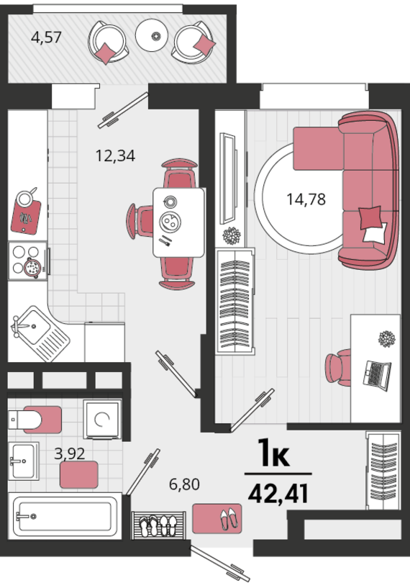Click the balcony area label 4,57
pyautogui.click(x=46, y=37)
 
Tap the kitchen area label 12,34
pyautogui.click(x=115, y=155)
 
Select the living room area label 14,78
pyautogui.click(x=306, y=199)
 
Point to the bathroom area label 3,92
pyautogui.click(x=70, y=453)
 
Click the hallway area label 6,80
pyautogui.click(x=184, y=484)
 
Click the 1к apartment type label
pyautogui.click(x=274, y=452)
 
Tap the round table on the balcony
pyautogui.click(x=154, y=35)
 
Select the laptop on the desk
pyautogui.click(x=377, y=375)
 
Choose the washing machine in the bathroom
pyautogui.click(x=102, y=419)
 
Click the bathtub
pyautogui.click(x=65, y=516)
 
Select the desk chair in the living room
pyautogui.click(x=338, y=367)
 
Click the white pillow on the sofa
pyautogui.click(x=375, y=233)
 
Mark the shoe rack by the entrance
pyautogui.click(x=159, y=525)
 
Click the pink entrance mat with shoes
pyautogui.click(x=217, y=518)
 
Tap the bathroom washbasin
pyautogui.click(x=24, y=461)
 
